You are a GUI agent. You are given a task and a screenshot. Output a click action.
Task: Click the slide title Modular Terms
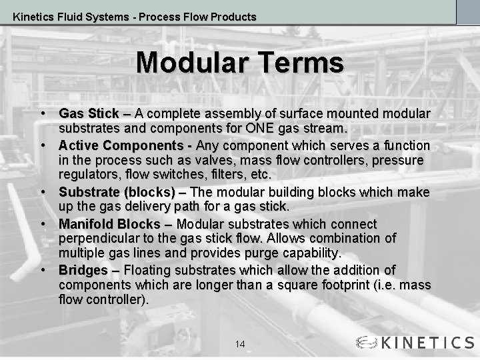tap(240, 63)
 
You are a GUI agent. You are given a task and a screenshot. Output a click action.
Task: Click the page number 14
tap(240, 344)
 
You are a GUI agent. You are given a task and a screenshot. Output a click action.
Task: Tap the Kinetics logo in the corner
tap(415, 343)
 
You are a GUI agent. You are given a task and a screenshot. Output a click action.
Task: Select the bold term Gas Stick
tap(89, 114)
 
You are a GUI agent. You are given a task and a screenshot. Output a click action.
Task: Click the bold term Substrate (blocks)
tap(117, 193)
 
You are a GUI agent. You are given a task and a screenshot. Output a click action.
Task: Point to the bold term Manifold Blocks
tap(109, 224)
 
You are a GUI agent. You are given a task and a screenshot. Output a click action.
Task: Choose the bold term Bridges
tap(83, 271)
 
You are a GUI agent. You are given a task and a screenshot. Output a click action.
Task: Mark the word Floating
tap(147, 271)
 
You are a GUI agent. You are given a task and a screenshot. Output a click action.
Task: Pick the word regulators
tap(89, 175)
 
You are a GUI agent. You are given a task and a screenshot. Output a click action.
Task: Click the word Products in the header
tap(233, 17)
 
